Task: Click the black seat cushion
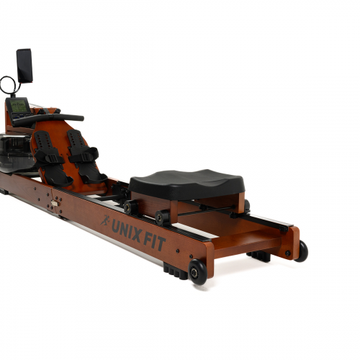click(x=187, y=184)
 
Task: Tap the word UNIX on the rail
click(x=127, y=231)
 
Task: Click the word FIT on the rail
click(x=155, y=242)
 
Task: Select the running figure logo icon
click(x=105, y=220)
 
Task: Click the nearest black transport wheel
click(x=197, y=271)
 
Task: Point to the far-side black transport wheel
click(x=302, y=251)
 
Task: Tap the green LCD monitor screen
click(x=19, y=106)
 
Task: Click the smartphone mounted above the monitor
click(x=24, y=66)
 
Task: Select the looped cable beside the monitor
click(x=9, y=86)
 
